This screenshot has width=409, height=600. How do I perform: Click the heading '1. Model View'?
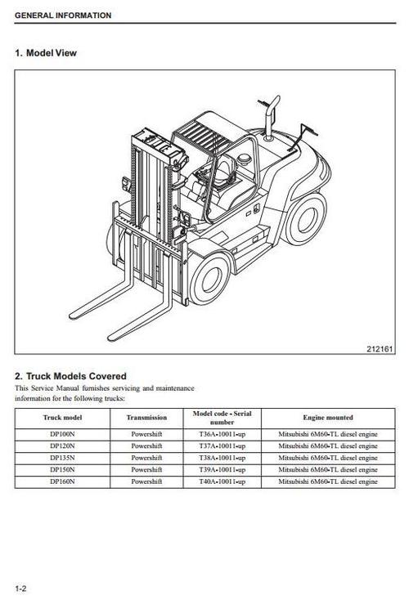click(46, 53)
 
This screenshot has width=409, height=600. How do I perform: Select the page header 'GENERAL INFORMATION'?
click(63, 16)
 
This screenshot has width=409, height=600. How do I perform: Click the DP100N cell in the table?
click(63, 435)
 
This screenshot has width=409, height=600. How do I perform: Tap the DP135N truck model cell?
click(63, 459)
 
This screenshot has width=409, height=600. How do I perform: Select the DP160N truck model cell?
click(63, 482)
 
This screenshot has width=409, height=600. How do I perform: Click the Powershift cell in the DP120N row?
click(146, 447)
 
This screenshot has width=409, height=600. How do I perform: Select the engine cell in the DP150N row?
click(327, 471)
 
